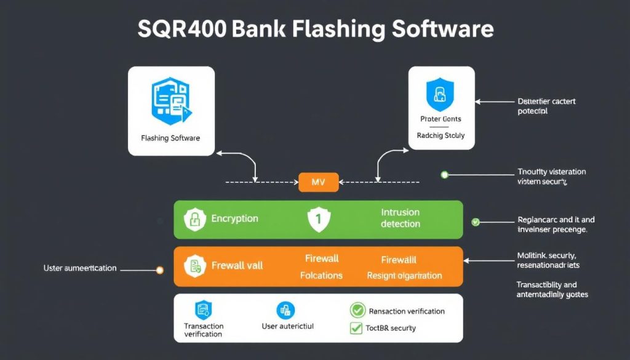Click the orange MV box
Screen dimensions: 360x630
click(x=318, y=182)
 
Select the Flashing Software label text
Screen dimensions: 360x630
click(x=171, y=138)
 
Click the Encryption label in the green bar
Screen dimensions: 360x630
click(x=234, y=218)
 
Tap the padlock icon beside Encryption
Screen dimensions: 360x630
click(x=196, y=219)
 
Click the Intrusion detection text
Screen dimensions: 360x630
click(x=400, y=218)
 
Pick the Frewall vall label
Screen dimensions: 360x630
click(x=237, y=265)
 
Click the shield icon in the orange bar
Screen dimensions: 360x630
click(x=195, y=266)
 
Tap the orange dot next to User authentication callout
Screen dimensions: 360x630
click(x=160, y=270)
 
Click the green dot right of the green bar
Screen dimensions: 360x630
click(x=475, y=222)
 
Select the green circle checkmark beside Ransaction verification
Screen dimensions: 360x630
click(x=357, y=311)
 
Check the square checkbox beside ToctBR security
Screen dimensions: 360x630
click(x=356, y=328)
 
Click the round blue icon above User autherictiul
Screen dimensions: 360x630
click(x=285, y=310)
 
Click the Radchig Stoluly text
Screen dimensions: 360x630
click(x=441, y=135)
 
